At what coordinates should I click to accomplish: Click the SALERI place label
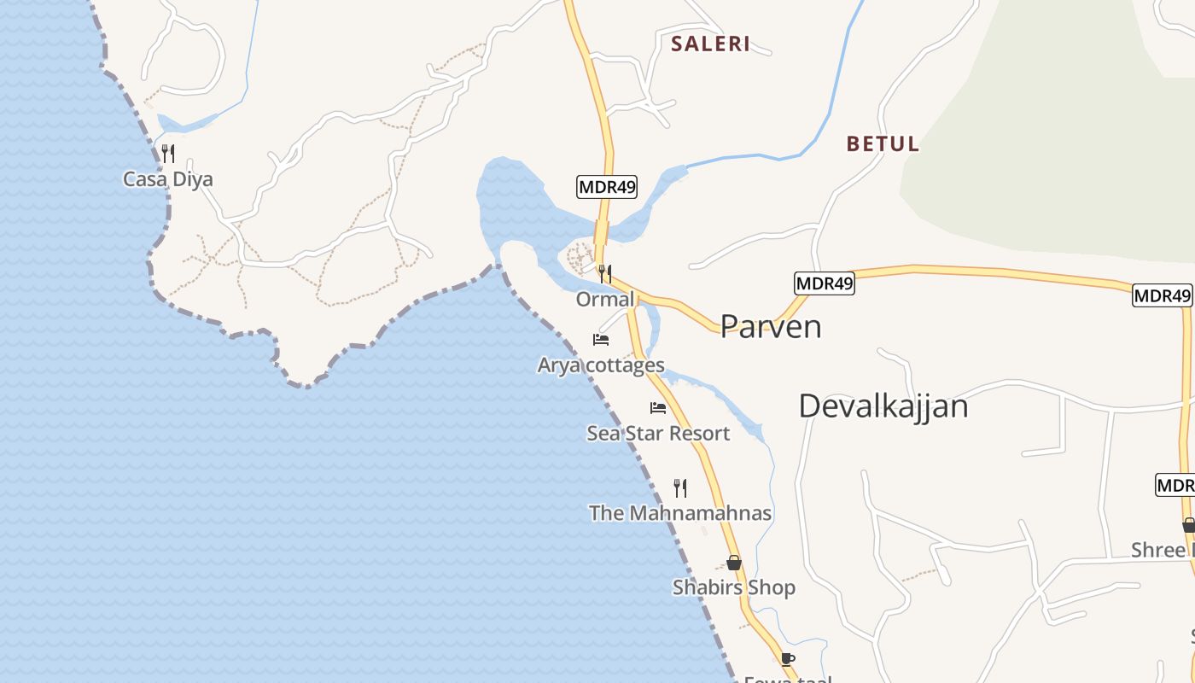pyautogui.click(x=710, y=44)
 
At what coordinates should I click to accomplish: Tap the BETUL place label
pyautogui.click(x=883, y=144)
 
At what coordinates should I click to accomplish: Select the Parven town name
pyautogui.click(x=771, y=326)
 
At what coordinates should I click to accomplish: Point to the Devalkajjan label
pyautogui.click(x=883, y=406)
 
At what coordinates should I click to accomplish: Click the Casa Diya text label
pyautogui.click(x=168, y=179)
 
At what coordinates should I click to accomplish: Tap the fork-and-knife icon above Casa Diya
pyautogui.click(x=168, y=154)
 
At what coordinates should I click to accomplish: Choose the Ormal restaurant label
pyautogui.click(x=605, y=300)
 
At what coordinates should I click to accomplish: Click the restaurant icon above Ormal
pyautogui.click(x=604, y=274)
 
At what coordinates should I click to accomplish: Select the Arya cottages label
pyautogui.click(x=601, y=365)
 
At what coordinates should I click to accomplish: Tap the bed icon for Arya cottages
pyautogui.click(x=601, y=340)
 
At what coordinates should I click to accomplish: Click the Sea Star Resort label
pyautogui.click(x=658, y=434)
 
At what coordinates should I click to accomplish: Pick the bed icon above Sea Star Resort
pyautogui.click(x=658, y=408)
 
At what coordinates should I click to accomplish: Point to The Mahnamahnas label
pyautogui.click(x=680, y=513)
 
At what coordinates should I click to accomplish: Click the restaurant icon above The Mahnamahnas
pyautogui.click(x=680, y=487)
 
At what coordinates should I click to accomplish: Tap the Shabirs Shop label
pyautogui.click(x=734, y=587)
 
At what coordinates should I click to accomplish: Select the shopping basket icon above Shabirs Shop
pyautogui.click(x=734, y=563)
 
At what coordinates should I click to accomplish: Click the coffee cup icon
pyautogui.click(x=787, y=659)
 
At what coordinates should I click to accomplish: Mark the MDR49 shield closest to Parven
pyautogui.click(x=824, y=283)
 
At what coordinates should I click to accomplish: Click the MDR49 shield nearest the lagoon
pyautogui.click(x=607, y=187)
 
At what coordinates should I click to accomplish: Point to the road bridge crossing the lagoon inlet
pyautogui.click(x=602, y=232)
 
